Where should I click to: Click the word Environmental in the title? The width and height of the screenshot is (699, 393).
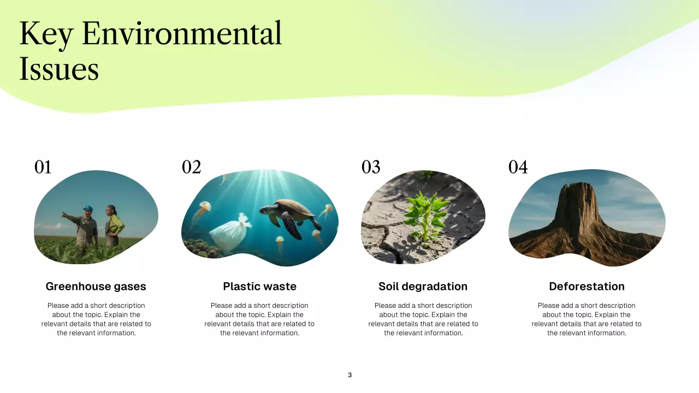tap(182, 34)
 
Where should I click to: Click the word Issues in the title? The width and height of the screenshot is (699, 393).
tap(59, 69)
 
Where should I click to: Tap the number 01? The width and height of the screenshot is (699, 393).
tap(43, 167)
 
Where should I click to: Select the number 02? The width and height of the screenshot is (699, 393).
tap(192, 167)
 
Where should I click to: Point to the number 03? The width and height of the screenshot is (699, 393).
tap(371, 167)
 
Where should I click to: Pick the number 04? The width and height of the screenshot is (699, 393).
tap(518, 167)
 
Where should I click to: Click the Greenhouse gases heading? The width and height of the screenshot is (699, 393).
tap(96, 287)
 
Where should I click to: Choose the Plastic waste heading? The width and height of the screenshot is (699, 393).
tap(259, 287)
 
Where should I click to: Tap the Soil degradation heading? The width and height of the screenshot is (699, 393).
tap(423, 287)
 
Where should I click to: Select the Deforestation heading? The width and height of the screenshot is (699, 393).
tap(587, 287)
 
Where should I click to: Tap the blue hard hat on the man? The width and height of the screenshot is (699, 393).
tap(87, 209)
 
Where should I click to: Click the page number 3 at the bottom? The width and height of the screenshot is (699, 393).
tap(349, 375)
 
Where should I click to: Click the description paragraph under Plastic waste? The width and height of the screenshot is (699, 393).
tap(259, 319)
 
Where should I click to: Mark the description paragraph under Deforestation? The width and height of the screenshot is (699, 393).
tap(587, 319)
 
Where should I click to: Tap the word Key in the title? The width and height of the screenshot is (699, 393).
tap(45, 34)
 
